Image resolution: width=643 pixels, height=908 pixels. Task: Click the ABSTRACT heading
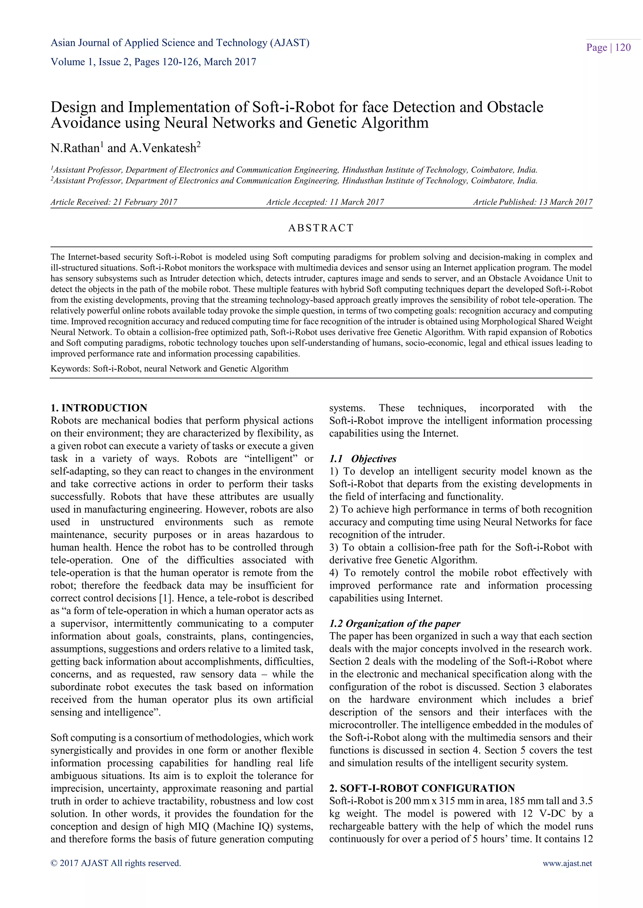(x=321, y=228)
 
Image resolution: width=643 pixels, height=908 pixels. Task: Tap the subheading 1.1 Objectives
(x=363, y=459)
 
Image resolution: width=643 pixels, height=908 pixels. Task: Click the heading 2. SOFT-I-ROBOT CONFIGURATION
(x=422, y=788)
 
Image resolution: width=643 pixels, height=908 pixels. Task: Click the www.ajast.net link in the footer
(x=567, y=863)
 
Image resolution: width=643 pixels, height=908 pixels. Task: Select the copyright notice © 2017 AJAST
(x=116, y=863)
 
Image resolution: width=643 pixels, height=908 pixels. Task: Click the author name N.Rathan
(x=75, y=148)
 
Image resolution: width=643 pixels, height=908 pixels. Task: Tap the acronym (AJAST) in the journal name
(x=289, y=43)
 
